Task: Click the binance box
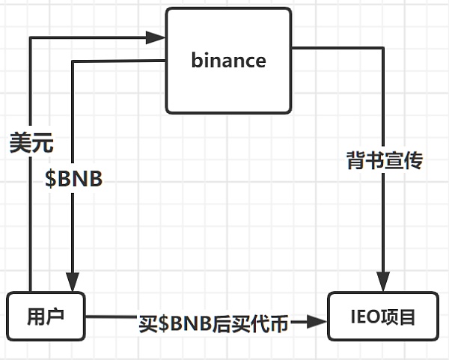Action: pyautogui.click(x=228, y=60)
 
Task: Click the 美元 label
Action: pyautogui.click(x=31, y=142)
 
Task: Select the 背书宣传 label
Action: pyautogui.click(x=384, y=159)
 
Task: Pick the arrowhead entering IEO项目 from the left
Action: pyautogui.click(x=320, y=323)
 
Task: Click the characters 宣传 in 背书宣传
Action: pyautogui.click(x=403, y=159)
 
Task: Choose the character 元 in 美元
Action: pyautogui.click(x=43, y=142)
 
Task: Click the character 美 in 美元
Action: pyautogui.click(x=20, y=142)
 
